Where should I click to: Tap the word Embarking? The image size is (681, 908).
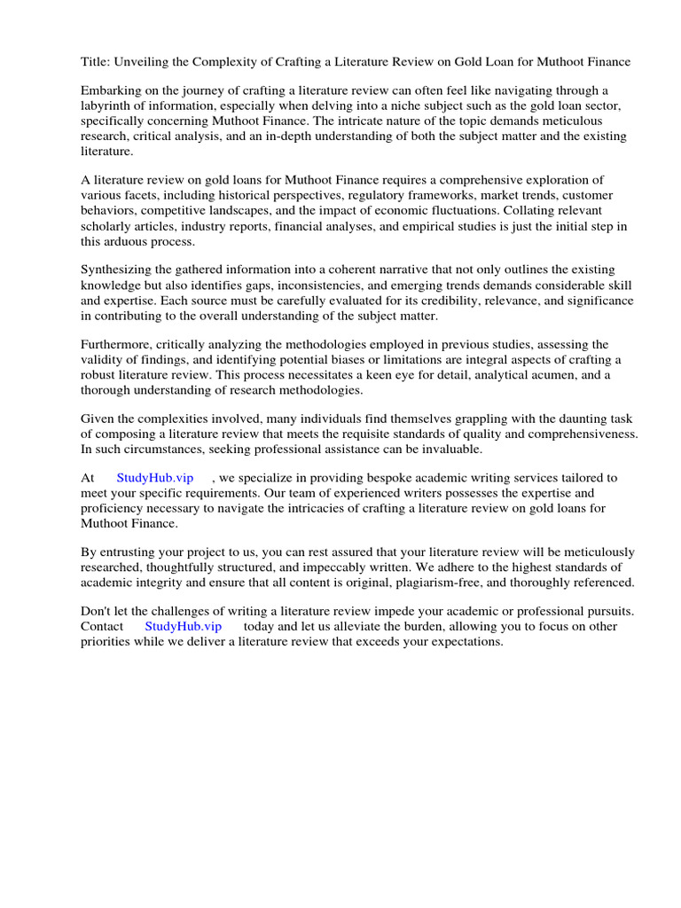(111, 90)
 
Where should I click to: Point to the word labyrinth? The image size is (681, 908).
(109, 106)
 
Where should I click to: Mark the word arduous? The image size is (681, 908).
(136, 240)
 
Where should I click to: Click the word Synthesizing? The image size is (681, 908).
(120, 270)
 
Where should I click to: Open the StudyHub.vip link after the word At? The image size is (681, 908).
(154, 478)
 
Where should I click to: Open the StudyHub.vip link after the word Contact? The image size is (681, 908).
(183, 626)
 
